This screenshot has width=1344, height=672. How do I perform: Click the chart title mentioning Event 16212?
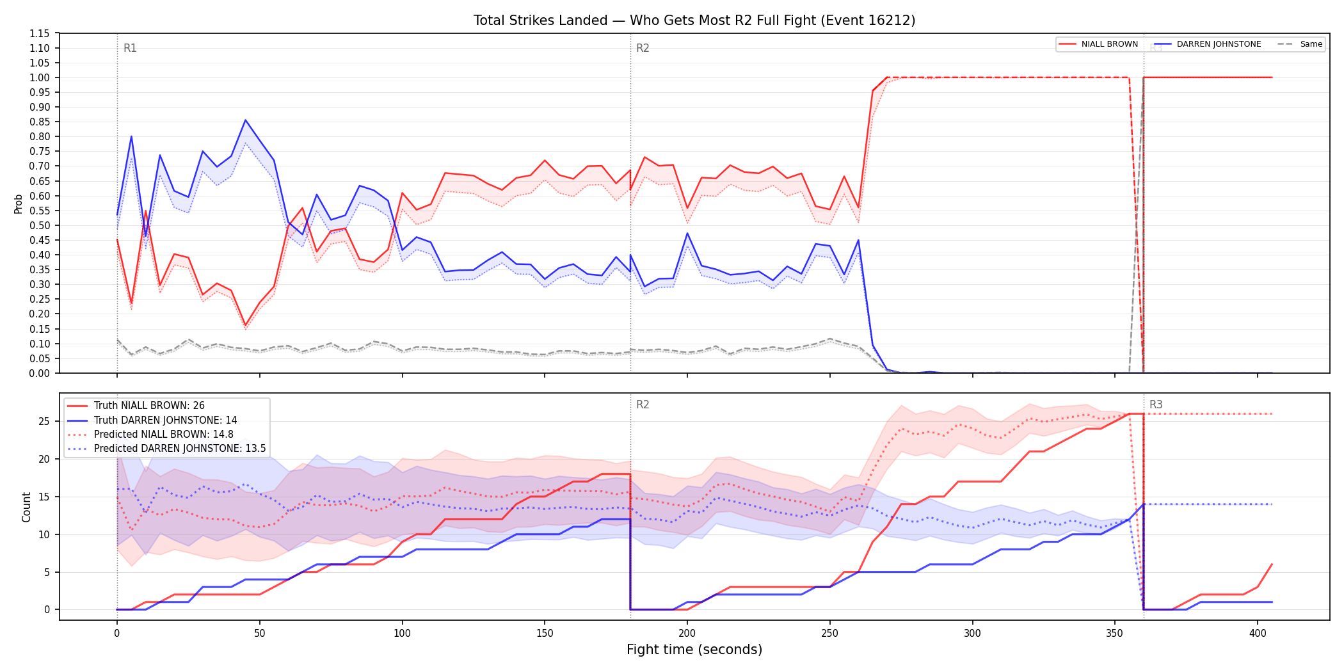[x=694, y=20]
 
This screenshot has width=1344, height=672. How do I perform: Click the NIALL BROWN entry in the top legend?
[x=1098, y=44]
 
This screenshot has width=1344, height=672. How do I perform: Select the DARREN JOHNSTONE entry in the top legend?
[x=1208, y=44]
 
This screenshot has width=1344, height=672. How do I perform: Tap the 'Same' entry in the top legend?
[x=1300, y=44]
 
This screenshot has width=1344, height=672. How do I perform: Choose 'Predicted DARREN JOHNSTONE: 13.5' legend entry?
[x=166, y=449]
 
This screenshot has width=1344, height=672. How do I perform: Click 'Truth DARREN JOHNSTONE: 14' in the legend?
[x=152, y=420]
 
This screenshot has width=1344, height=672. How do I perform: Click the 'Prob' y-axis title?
[x=19, y=204]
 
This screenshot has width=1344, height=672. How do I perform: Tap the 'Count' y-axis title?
[x=26, y=507]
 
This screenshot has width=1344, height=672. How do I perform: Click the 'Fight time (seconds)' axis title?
[x=694, y=650]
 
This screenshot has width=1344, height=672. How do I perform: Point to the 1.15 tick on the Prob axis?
[x=40, y=33]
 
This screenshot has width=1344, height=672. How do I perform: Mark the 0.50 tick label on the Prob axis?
[x=40, y=225]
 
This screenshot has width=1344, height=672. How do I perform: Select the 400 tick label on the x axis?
[x=1258, y=633]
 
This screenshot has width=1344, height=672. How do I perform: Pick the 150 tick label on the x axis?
[x=545, y=633]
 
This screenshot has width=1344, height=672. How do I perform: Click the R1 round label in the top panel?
[x=130, y=48]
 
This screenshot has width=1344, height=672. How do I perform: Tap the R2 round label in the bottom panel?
[x=643, y=404]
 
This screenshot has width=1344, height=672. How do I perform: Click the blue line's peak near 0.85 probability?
[x=245, y=120]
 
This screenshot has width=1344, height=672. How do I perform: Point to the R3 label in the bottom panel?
[x=1156, y=404]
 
